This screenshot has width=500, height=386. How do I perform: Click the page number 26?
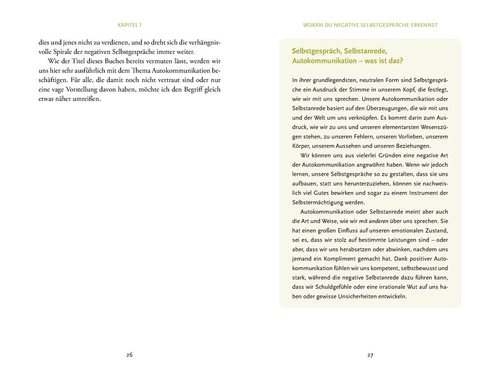(x=129, y=355)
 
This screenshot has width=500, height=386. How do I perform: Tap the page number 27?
(x=370, y=355)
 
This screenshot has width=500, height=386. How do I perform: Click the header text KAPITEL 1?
(x=130, y=24)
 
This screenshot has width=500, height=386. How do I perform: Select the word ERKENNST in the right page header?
(x=423, y=24)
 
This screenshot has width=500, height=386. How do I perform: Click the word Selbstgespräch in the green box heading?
(x=317, y=51)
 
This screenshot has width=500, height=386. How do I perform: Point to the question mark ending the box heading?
(x=401, y=61)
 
